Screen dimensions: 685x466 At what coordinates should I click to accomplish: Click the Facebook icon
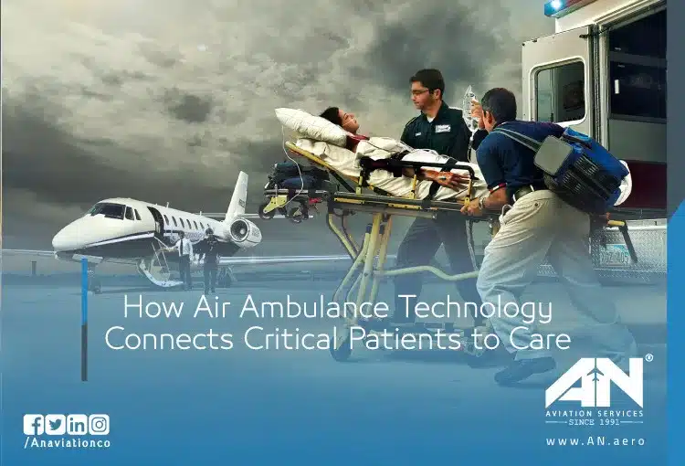34,425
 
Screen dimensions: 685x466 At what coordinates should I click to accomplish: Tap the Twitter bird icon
56,425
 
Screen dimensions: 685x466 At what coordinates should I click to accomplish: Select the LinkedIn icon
78,425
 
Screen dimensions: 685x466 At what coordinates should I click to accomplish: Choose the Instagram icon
100,425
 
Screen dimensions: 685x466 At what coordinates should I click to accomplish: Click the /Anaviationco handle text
68,443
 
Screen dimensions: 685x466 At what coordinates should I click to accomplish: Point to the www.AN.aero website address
595,441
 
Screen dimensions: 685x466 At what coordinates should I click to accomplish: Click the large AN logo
595,383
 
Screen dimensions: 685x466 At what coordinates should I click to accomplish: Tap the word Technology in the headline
476,308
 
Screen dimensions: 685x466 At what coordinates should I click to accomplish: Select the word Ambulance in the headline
313,307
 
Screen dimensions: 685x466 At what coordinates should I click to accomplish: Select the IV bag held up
471,107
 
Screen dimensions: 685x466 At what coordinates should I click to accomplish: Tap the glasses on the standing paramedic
420,92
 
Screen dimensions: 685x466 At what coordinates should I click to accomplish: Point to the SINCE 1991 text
595,422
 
